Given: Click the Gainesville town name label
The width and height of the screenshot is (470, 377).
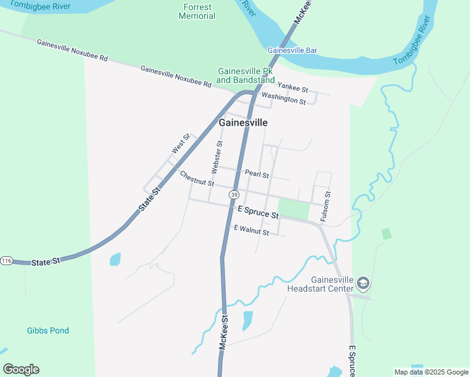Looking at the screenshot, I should tap(243, 123).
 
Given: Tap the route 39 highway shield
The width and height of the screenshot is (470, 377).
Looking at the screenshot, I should tap(234, 195).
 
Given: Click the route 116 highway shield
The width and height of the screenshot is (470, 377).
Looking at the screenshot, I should tap(6, 261).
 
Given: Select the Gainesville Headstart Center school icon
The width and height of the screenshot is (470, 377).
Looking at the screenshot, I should tap(363, 283).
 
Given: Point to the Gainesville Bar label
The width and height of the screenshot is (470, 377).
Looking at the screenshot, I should tap(292, 50).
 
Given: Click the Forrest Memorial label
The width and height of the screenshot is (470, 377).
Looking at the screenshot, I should tap(197, 11).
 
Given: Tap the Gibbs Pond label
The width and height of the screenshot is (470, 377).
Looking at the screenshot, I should tap(48, 331).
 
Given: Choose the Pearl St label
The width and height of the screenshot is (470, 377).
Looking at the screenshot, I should tap(257, 174).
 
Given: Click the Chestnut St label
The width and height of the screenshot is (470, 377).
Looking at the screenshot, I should tap(197, 178).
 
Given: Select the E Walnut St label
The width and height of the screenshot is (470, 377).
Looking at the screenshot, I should tap(251, 231).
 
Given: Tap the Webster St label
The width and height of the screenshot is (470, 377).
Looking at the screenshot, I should tap(216, 157).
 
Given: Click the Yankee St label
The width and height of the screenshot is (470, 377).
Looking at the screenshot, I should tap(293, 89).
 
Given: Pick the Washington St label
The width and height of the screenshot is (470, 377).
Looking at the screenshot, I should tap(283, 98).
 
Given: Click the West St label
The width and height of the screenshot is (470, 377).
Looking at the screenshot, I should tap(180, 144).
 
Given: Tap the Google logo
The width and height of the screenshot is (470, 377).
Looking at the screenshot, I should tap(21, 369).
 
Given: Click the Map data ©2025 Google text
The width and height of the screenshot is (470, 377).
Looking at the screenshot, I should tap(431, 372).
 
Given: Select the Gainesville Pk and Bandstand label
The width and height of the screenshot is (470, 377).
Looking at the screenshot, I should tap(246, 75).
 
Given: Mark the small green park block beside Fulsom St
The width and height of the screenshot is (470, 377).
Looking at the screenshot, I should tap(293, 209).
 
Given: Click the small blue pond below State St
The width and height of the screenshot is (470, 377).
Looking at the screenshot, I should tap(115, 259).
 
